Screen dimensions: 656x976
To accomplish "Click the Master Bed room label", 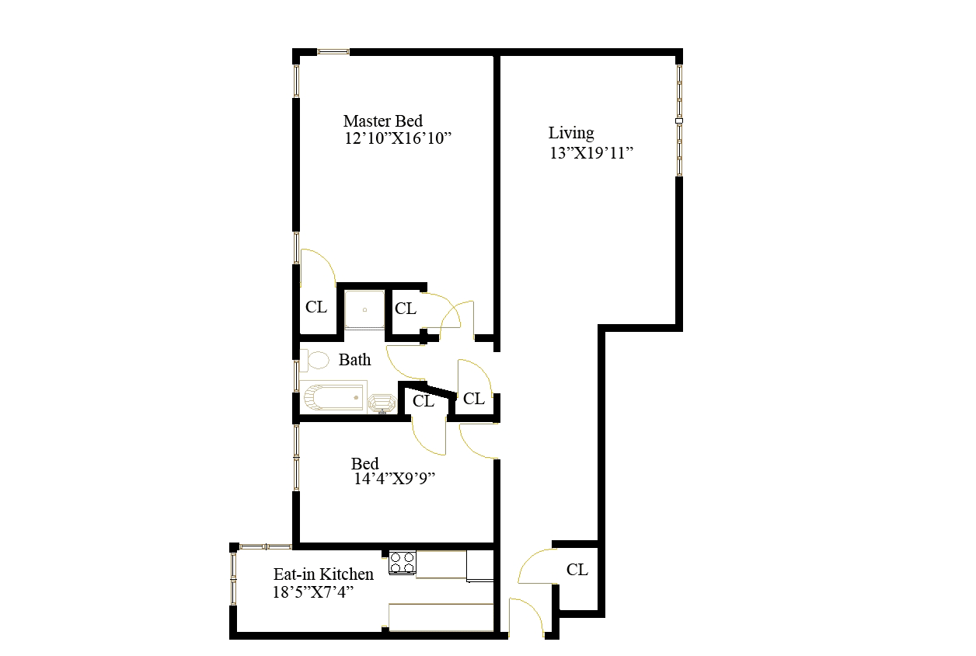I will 382,120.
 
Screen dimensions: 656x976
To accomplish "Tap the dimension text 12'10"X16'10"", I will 398,138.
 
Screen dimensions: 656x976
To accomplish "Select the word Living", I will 571,133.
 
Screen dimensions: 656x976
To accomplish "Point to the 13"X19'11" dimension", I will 592,152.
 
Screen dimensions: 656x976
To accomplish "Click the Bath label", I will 354,360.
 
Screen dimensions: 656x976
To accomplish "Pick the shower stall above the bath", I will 364,309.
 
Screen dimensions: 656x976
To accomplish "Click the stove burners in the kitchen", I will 402,562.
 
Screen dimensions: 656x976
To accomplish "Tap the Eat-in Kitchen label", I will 323,574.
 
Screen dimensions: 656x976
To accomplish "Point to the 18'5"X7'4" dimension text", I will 314,592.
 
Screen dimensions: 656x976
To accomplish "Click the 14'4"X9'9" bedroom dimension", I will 393,480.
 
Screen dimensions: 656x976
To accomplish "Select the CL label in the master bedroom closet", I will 315,307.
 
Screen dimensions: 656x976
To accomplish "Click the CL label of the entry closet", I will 577,570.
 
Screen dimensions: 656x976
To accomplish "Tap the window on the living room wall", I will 679,120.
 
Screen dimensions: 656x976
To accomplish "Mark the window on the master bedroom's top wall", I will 333,52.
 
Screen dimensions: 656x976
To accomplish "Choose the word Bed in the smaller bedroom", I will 365,464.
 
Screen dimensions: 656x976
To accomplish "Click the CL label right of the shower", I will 406,309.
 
